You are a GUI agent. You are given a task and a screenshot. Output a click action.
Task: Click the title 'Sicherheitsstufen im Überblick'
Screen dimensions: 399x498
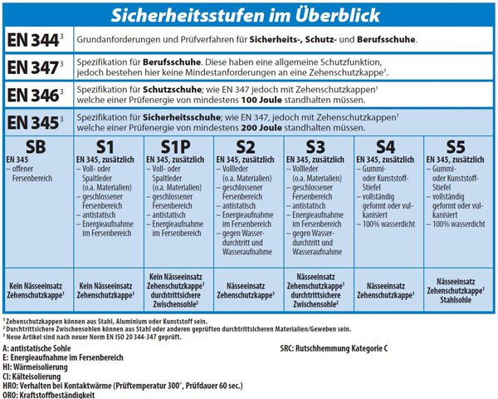pyautogui.click(x=249, y=16)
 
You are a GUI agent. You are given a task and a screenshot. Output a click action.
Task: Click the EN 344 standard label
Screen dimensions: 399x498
pyautogui.click(x=36, y=40)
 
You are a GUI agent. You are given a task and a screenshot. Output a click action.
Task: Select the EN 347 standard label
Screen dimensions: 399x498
pyautogui.click(x=36, y=67)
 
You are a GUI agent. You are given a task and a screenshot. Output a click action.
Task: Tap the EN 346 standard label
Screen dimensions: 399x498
pyautogui.click(x=36, y=95)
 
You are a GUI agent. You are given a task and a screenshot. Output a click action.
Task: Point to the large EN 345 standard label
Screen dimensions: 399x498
pyautogui.click(x=36, y=123)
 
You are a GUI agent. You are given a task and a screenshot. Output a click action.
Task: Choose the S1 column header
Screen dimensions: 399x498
pyautogui.click(x=105, y=147)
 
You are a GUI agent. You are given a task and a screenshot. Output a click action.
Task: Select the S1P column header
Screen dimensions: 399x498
pyautogui.click(x=178, y=147)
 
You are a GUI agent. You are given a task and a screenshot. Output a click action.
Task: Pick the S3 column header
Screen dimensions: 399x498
pyautogui.click(x=319, y=147)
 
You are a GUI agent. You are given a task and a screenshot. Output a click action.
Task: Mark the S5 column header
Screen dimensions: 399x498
pyautogui.click(x=459, y=147)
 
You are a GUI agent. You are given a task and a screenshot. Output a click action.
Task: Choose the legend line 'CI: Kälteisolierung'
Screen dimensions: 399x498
pyautogui.click(x=37, y=376)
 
